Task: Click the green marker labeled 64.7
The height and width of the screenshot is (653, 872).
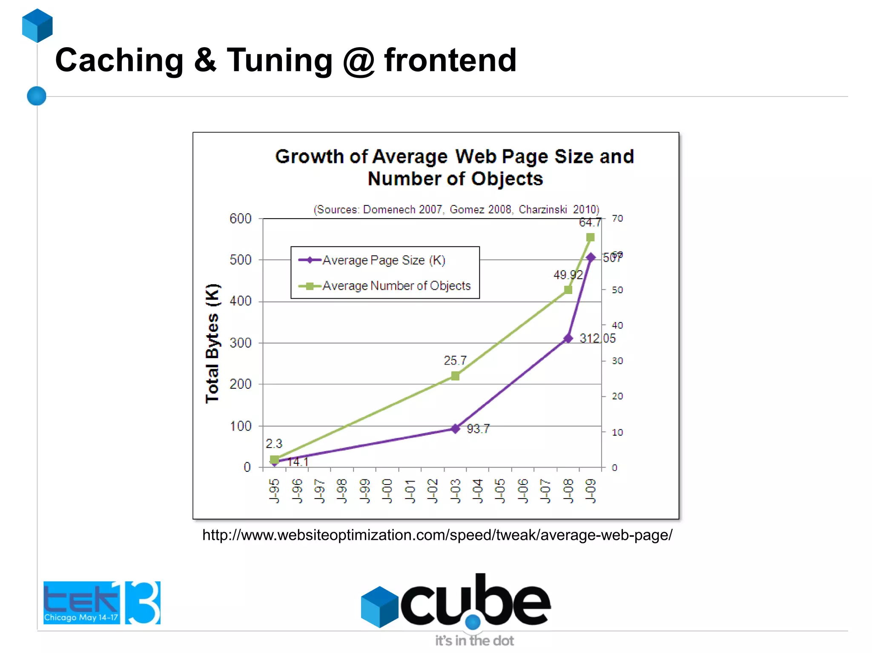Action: pos(590,237)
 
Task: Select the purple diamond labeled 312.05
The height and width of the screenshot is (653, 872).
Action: pos(568,339)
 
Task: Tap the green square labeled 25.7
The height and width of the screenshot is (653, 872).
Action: pos(455,376)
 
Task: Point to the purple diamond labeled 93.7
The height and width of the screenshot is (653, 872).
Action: pos(455,428)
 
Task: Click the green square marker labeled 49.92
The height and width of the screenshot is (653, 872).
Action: pos(568,290)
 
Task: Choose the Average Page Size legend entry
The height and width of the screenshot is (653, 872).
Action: pos(383,260)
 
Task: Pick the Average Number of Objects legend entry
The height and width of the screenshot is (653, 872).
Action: pos(396,285)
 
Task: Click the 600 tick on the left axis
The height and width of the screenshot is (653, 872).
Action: pos(241,219)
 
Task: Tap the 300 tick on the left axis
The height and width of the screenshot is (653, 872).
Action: pos(241,343)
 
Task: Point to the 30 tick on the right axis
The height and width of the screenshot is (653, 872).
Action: pos(617,361)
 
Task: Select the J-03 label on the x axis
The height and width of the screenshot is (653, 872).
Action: pos(455,491)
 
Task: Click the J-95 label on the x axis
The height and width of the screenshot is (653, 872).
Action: pos(275,491)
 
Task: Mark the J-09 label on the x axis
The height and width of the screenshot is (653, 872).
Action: pos(591,491)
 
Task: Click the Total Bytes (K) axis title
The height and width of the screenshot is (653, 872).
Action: pos(212,343)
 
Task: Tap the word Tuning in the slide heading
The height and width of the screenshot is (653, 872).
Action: pos(279,60)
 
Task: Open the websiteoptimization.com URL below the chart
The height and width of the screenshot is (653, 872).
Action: pos(437,535)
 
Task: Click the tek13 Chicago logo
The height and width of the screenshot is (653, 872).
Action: pos(102,602)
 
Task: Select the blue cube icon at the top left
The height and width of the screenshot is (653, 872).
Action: pos(37,26)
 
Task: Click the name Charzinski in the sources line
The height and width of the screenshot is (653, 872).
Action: pos(542,210)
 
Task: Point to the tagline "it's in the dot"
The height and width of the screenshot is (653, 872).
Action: pos(474,641)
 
